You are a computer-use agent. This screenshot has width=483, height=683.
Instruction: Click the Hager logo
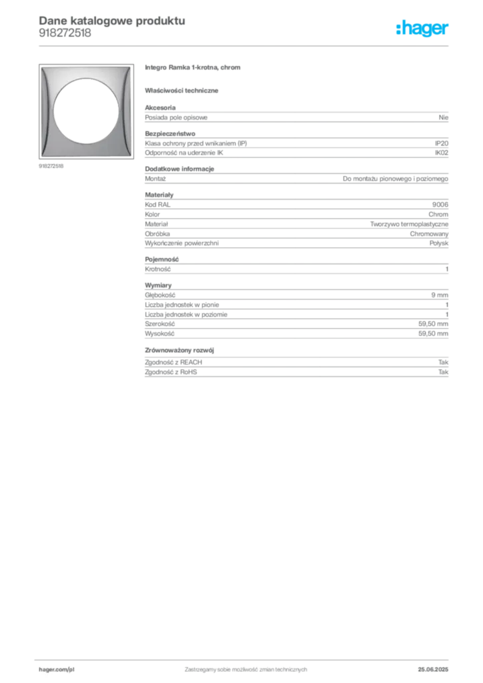point(422,28)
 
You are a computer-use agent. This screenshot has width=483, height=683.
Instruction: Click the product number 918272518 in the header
point(65,33)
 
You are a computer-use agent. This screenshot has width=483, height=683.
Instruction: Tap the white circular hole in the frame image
point(86,111)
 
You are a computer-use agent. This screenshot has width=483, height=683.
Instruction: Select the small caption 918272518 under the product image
point(51,166)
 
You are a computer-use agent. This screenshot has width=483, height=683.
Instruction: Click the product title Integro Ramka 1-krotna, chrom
point(193,67)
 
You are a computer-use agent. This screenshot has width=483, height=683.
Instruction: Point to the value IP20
point(442,143)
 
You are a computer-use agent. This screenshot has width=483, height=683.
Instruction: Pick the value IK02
point(442,153)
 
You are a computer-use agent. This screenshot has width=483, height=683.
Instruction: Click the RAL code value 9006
point(440,205)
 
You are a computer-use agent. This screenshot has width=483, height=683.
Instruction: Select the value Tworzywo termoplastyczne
point(409,224)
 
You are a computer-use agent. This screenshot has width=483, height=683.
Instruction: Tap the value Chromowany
point(429,234)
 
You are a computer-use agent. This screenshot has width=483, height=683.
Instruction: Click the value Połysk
point(438,243)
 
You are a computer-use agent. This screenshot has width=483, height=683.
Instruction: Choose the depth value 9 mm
point(440,295)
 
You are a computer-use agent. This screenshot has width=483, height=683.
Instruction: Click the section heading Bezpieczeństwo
point(170,133)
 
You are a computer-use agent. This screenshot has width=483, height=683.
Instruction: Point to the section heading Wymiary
point(158,285)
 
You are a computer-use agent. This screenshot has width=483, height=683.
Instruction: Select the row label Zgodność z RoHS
point(171,372)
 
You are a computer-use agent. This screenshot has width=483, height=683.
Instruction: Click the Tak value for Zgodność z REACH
point(444,362)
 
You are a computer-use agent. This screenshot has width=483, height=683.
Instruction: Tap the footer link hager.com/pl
point(57,670)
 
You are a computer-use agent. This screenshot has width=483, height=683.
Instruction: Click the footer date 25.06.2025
point(433,670)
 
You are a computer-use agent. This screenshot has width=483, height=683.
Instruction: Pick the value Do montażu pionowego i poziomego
point(396,179)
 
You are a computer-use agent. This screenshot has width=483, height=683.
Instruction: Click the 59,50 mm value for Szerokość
point(434,324)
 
